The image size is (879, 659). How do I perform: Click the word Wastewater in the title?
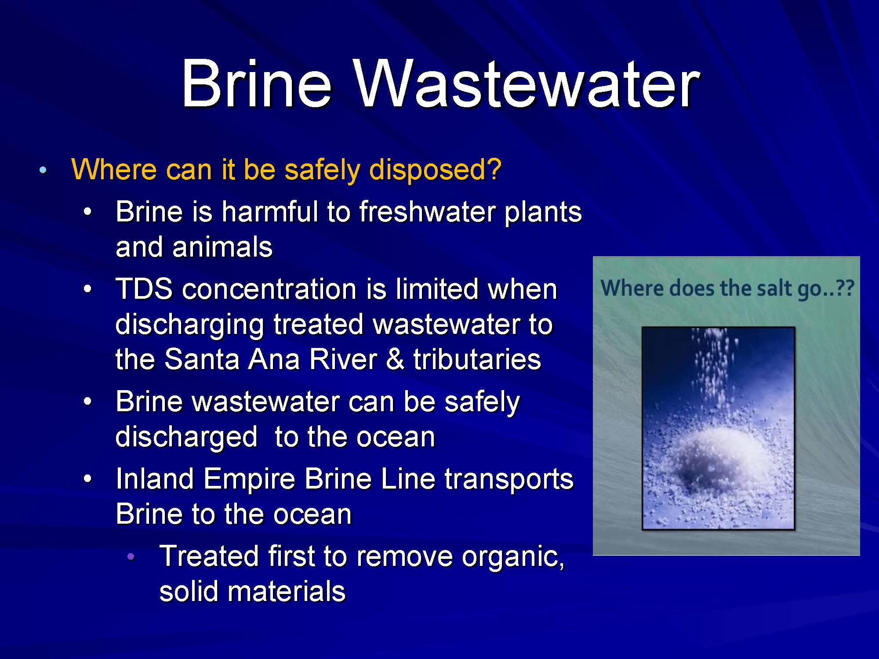527,83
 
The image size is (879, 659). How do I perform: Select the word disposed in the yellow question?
435,170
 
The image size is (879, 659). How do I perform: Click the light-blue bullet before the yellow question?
42,170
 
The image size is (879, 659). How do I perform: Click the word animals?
222,247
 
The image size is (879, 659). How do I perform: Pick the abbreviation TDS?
144,290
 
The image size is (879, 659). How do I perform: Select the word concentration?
269,290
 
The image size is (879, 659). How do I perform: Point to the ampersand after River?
395,359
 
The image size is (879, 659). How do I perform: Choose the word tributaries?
477,359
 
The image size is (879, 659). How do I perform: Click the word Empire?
249,479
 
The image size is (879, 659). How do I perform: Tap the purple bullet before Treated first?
130,557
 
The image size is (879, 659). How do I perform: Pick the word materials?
287,591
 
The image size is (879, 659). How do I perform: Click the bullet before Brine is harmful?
88,212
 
